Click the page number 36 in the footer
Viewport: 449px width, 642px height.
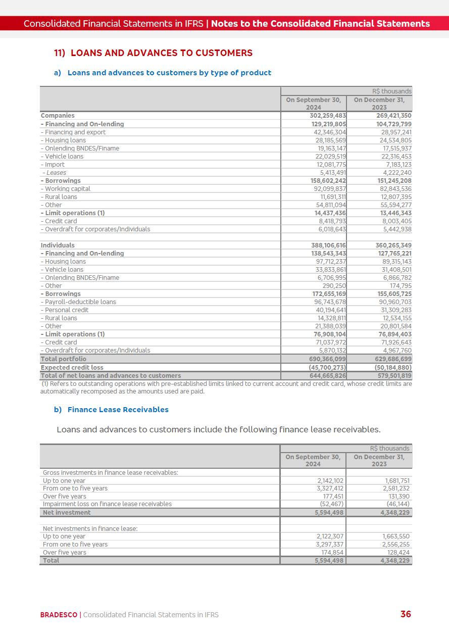[406, 614]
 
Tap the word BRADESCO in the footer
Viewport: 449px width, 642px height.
[59, 615]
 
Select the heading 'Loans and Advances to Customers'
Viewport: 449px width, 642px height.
[161, 53]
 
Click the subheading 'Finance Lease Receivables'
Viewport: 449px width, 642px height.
[118, 410]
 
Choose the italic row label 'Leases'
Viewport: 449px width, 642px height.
[56, 173]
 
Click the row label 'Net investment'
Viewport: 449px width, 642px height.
[67, 512]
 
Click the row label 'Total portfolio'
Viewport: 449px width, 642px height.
[64, 359]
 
